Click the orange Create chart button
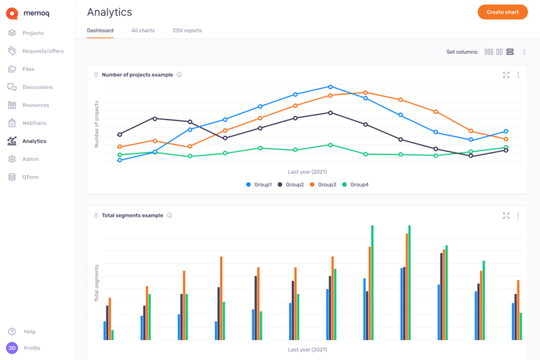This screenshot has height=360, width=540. pos(502,12)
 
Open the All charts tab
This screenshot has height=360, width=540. pos(142,31)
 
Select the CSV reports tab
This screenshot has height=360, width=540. pos(187,31)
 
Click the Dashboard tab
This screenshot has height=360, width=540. pos(100,31)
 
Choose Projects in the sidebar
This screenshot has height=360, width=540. pos(32,33)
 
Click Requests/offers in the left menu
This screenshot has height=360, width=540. pos(42,51)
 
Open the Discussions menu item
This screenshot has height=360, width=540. pos(37,87)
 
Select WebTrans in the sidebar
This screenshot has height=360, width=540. pos(34,123)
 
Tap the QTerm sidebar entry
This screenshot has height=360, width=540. pos(30,177)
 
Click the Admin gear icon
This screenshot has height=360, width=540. pos(12,159)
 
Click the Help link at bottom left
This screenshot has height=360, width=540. pos(29,331)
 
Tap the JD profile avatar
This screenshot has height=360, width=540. pos(12,348)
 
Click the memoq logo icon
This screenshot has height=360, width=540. pos(12,13)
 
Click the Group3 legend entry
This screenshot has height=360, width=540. pos(322,185)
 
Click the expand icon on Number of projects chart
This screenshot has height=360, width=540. pos(506,75)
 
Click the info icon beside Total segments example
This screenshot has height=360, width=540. pos(170,215)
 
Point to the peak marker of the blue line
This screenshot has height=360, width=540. pos(331,87)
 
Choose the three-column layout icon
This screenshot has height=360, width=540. pos(489,52)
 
